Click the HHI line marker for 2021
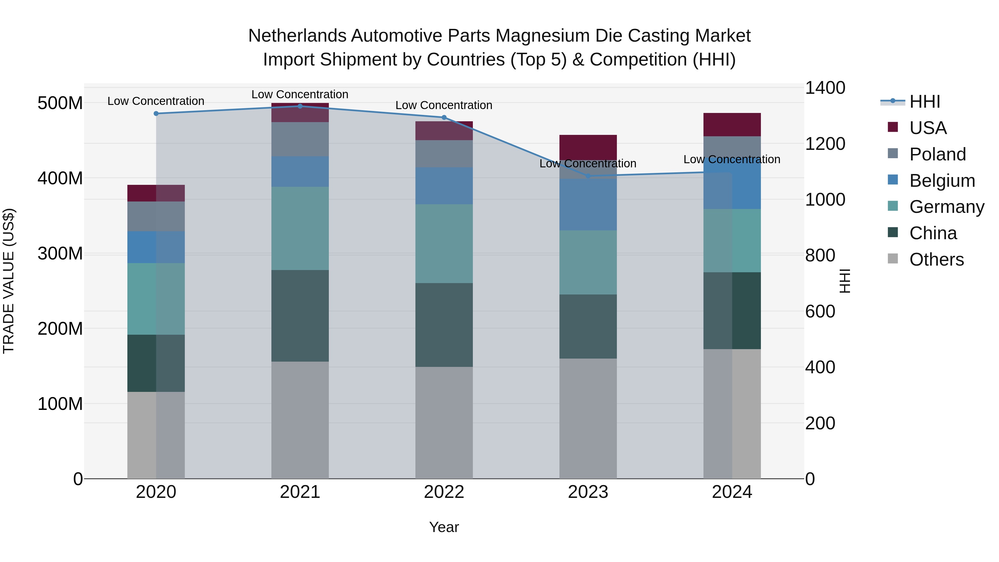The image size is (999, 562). coord(300,106)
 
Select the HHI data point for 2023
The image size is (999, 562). coord(588,176)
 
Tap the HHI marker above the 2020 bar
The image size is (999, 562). coord(156,114)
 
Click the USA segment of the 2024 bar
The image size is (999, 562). coord(732,125)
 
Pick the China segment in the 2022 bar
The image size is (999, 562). coord(444,325)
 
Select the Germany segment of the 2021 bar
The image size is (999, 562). coord(300,228)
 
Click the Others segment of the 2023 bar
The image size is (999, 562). coord(588,418)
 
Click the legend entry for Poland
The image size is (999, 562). coord(937,154)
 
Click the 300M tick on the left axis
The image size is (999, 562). coord(60,254)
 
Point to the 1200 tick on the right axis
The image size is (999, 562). coord(825,144)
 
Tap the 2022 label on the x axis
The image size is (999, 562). coord(444,492)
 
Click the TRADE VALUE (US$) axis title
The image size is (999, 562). coord(9,281)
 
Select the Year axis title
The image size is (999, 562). coord(444,527)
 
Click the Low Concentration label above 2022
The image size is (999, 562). coord(444,105)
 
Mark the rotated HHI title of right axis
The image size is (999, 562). coord(844,281)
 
